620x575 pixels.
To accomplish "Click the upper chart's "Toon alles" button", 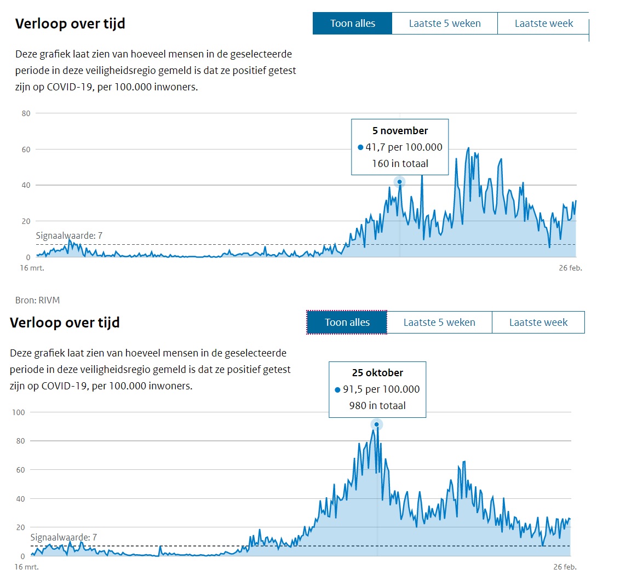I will point(352,24).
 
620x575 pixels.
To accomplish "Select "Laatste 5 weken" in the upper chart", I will point(445,24).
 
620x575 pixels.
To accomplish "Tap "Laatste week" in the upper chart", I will point(543,24).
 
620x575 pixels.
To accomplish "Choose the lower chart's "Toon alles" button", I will point(347,322).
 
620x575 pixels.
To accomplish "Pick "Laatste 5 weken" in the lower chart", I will point(439,322).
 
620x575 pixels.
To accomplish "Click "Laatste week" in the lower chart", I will point(538,322).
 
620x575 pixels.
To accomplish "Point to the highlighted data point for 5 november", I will point(400,182).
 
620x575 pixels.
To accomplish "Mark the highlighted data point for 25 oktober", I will point(376,424).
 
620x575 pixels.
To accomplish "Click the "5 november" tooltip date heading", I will point(400,131).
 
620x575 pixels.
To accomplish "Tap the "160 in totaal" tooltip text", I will point(400,163).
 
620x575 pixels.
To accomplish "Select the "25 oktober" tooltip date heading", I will point(377,373).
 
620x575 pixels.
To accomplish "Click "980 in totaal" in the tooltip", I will point(377,406).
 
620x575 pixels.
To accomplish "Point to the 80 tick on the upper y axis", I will point(25,113).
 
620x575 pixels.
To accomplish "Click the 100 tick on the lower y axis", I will point(18,412).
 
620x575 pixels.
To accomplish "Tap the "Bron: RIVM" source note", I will point(38,300).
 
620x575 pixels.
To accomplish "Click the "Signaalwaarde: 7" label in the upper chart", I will point(69,236).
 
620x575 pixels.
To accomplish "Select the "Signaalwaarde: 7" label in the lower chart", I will point(64,538).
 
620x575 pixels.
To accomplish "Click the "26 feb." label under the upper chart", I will point(570,268).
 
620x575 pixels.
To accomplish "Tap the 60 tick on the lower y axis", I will point(20,470).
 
